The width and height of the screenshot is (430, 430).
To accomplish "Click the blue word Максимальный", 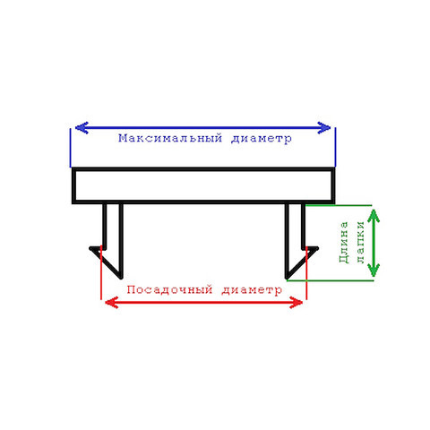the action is coord(170,138).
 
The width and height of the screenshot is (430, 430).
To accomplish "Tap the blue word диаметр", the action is coord(262,139).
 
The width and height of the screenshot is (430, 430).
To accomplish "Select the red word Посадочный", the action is coord(169,289).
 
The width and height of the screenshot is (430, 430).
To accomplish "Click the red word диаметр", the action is coord(252,290).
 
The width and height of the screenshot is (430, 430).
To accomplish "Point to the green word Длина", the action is coord(344,242).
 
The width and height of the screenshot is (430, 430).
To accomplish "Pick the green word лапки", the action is coord(361,242).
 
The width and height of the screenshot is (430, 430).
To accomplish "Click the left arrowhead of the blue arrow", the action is coord(82,128).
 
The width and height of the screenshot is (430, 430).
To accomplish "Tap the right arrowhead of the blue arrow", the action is coord(324,128).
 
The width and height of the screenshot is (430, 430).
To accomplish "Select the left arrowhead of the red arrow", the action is coord(112,303).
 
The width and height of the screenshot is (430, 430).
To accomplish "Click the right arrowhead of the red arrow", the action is coord(297,303).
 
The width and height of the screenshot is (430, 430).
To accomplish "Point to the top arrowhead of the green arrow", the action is coord(374,216).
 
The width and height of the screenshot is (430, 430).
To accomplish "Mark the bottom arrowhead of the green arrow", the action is coord(374,271).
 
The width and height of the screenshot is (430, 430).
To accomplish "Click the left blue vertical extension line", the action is coord(71,148).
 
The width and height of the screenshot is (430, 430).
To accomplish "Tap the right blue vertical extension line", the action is coord(335,147).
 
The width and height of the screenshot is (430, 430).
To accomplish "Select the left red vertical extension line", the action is coord(101,272).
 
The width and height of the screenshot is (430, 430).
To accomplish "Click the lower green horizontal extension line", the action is coord(330,280).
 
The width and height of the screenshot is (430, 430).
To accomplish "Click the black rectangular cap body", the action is coord(203,169).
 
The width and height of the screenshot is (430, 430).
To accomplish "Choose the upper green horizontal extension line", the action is coord(339,205).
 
